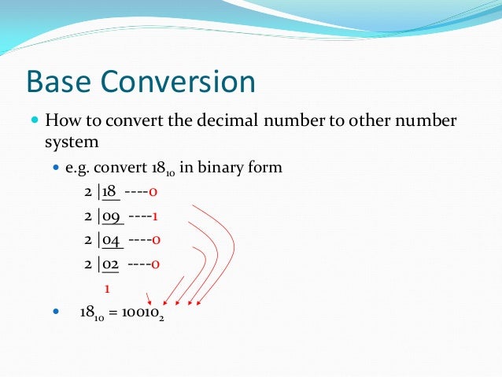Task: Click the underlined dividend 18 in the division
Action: point(109,192)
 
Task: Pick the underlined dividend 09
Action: point(110,216)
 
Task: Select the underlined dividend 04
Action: point(110,240)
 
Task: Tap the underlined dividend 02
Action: point(110,264)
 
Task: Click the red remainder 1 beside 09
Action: point(156,216)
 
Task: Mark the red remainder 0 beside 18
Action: point(156,192)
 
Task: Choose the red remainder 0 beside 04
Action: point(156,240)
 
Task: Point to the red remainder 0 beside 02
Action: point(156,264)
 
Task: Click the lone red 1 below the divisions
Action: point(107,288)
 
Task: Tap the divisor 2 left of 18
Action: point(89,192)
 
